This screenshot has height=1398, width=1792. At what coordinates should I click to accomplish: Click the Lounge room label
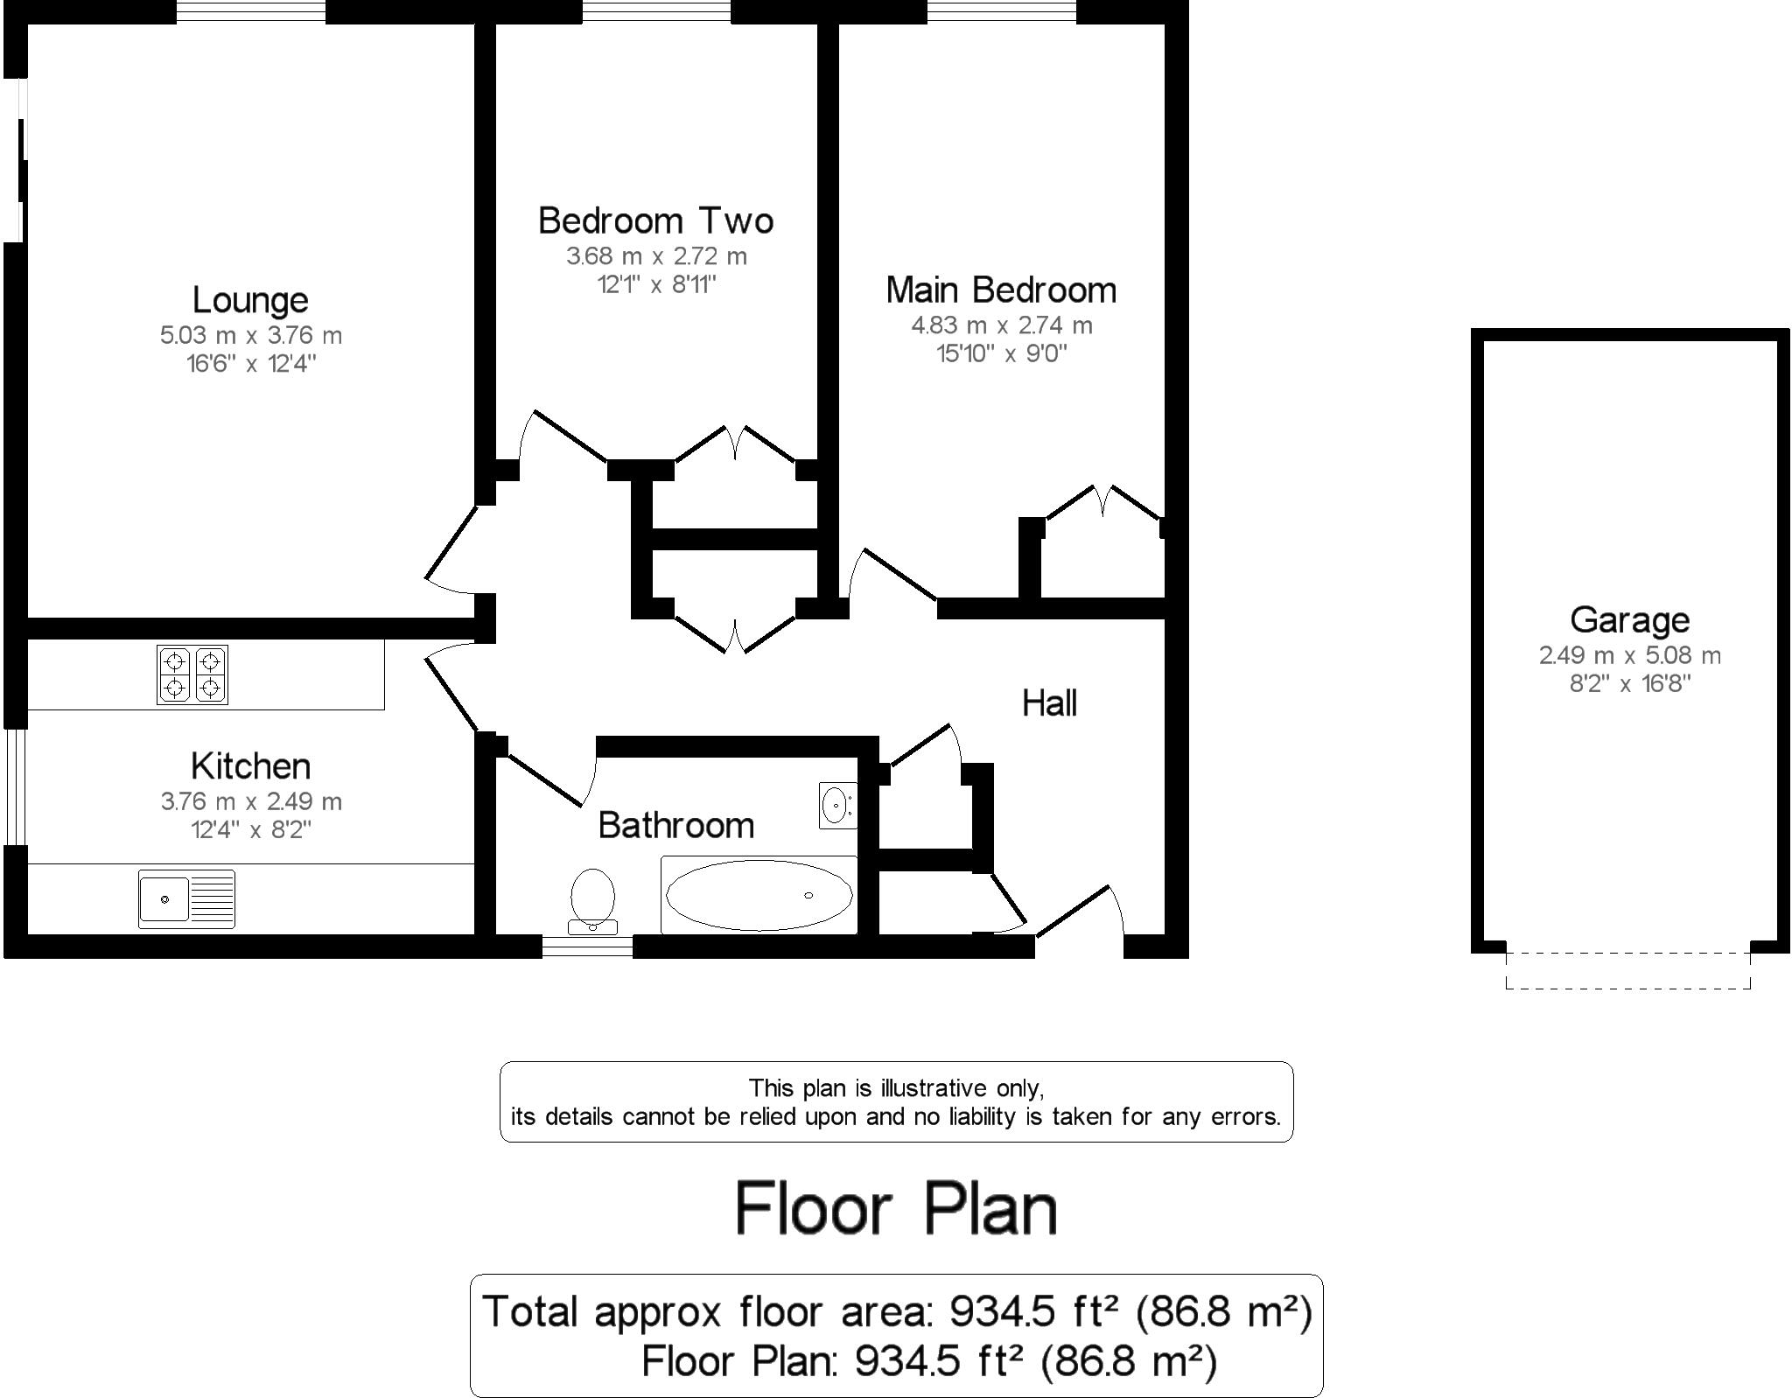click(250, 301)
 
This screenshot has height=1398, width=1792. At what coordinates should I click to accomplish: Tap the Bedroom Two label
click(655, 220)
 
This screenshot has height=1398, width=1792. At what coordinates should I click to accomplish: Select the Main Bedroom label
click(1001, 290)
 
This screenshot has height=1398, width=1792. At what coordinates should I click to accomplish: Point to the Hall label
click(1049, 703)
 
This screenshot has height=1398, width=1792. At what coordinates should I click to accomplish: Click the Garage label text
click(1629, 620)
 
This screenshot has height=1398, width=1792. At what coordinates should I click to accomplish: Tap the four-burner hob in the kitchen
click(192, 675)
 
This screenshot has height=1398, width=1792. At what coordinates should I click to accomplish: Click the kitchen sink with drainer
click(186, 898)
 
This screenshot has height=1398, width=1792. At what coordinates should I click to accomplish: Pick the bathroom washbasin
click(836, 805)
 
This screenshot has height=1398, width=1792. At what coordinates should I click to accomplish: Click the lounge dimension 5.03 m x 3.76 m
click(250, 336)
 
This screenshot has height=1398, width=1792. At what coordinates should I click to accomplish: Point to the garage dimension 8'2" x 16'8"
click(1629, 684)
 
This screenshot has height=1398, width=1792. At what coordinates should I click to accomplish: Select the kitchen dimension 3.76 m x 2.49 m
click(250, 801)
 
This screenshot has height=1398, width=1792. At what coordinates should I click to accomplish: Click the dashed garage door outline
click(1627, 987)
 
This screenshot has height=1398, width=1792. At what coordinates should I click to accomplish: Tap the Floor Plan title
click(896, 1209)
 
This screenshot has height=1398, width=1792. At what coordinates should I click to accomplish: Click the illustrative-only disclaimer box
click(896, 1102)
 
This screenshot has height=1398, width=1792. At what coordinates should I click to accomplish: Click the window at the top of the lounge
click(250, 11)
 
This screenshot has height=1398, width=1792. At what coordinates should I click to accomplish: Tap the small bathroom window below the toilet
click(587, 947)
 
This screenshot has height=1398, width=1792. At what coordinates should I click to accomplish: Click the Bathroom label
click(675, 826)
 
